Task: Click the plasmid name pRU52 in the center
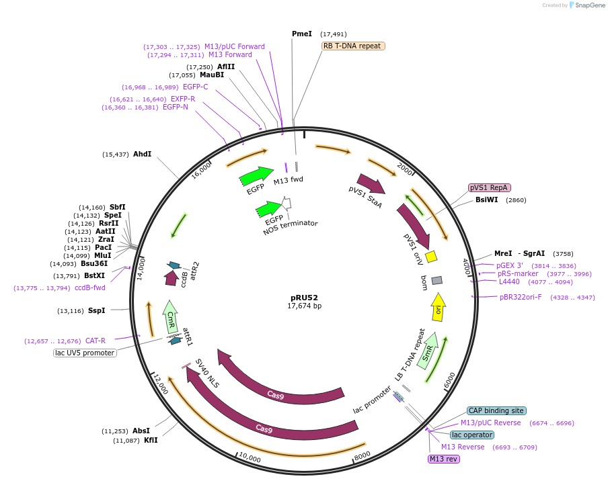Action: tap(304, 297)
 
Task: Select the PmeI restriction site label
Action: tap(302, 34)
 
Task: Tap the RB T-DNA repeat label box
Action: tap(353, 46)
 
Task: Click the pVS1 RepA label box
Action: tap(489, 188)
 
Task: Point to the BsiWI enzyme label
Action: tap(487, 200)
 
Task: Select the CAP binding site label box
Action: tap(496, 410)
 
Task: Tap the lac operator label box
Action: tap(472, 435)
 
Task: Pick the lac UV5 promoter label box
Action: tap(85, 353)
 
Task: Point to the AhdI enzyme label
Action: tap(142, 154)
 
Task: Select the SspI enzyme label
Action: tap(97, 310)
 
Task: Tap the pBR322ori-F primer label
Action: tap(520, 297)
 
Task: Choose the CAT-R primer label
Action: tap(94, 341)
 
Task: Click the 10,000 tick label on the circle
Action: tap(250, 458)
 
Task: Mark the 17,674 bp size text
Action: tap(304, 306)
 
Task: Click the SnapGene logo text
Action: tap(590, 5)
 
